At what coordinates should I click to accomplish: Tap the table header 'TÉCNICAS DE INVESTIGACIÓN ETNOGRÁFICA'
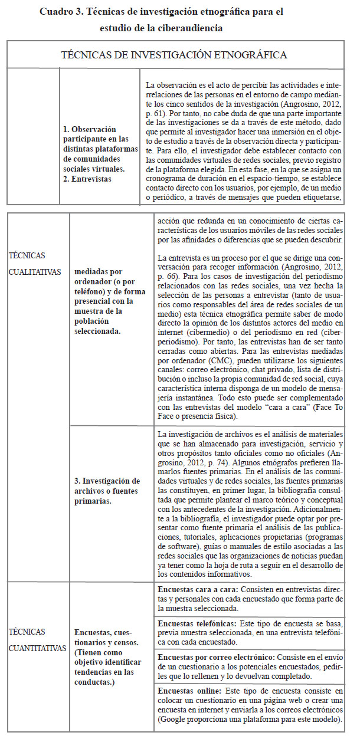(174, 55)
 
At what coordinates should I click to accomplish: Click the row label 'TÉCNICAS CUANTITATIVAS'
(37, 639)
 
